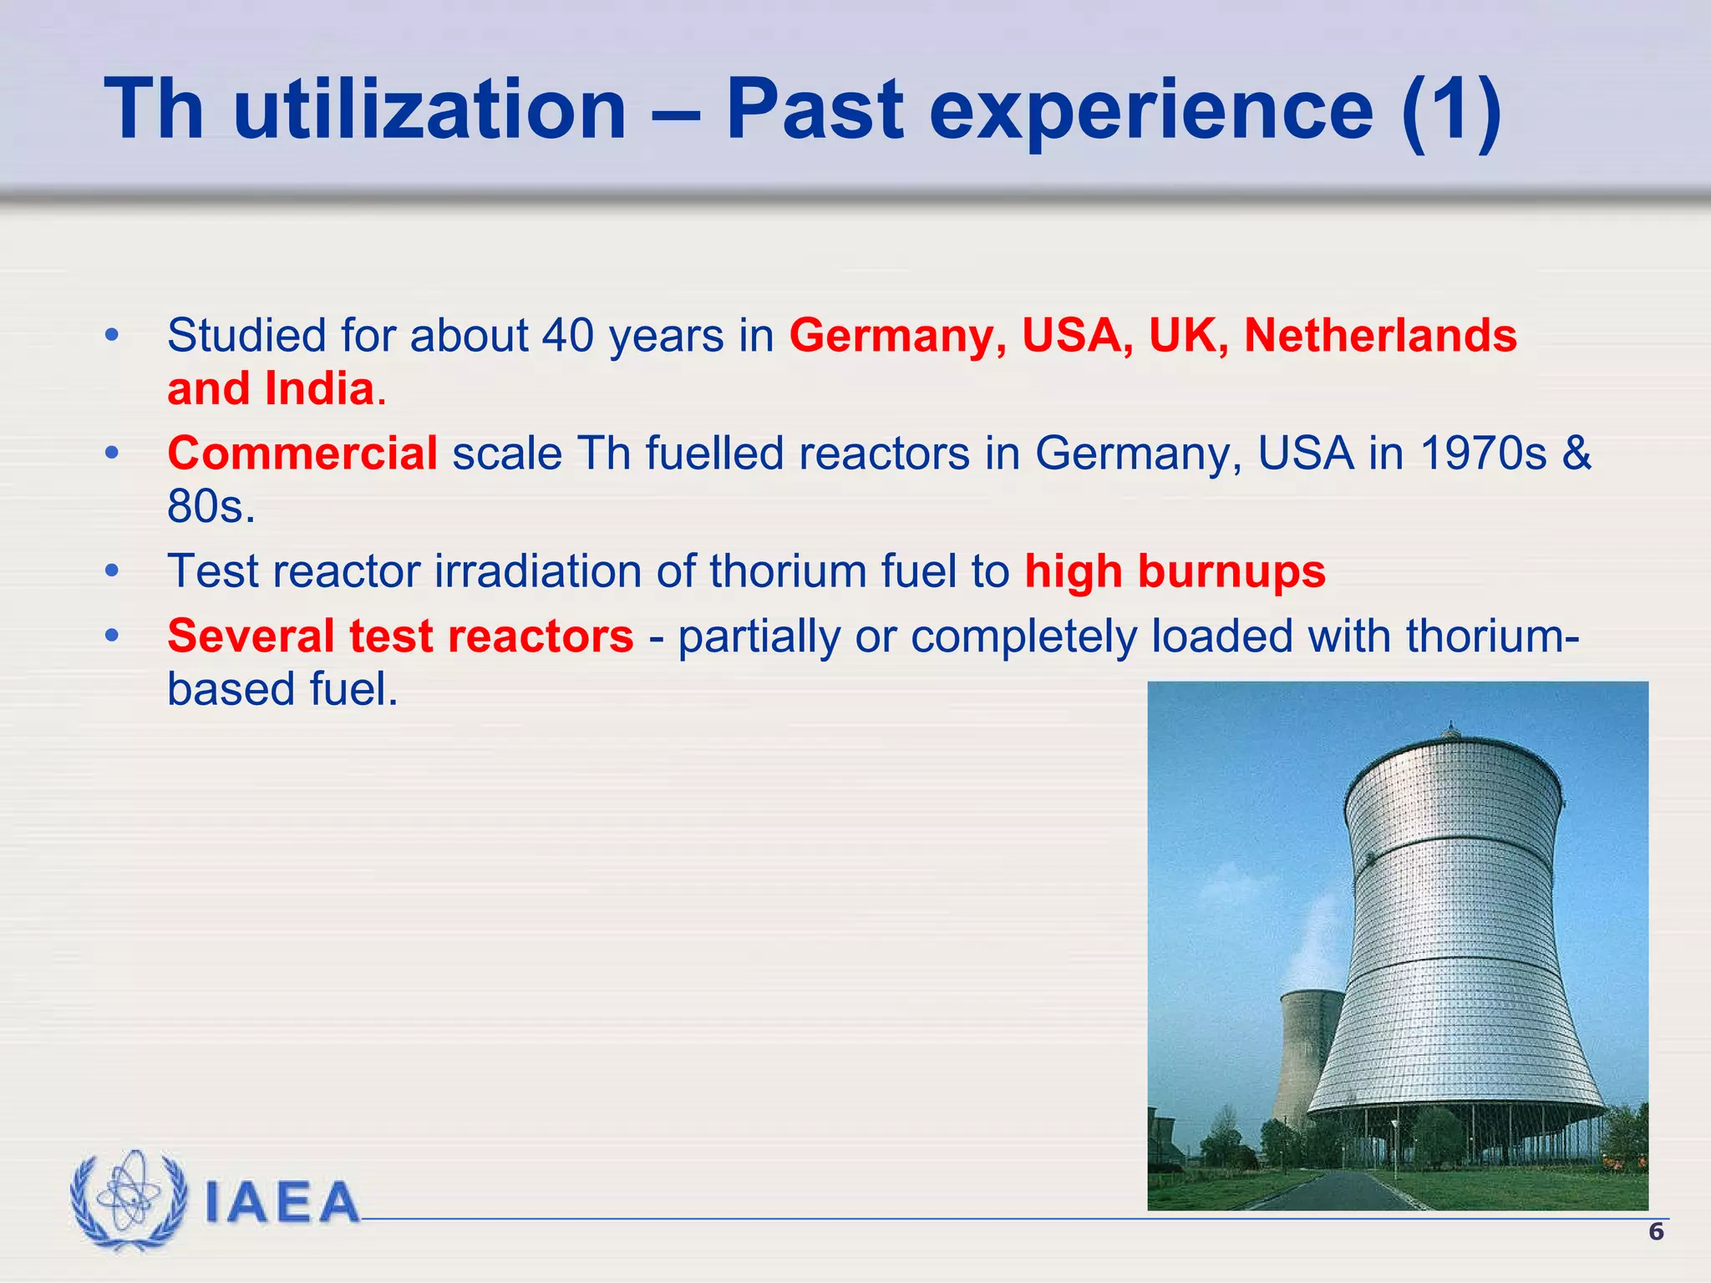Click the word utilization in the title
[x=429, y=110]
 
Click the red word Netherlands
[x=1379, y=336]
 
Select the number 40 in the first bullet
[x=567, y=336]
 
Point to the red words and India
[x=270, y=389]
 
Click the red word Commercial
[x=302, y=454]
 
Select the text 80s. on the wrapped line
[x=211, y=507]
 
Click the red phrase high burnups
[x=1175, y=572]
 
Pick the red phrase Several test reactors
[x=400, y=636]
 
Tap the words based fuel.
[x=282, y=690]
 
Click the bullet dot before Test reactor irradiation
[x=112, y=572]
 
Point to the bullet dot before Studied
[x=112, y=336]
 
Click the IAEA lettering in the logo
[x=282, y=1202]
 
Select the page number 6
[x=1655, y=1232]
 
